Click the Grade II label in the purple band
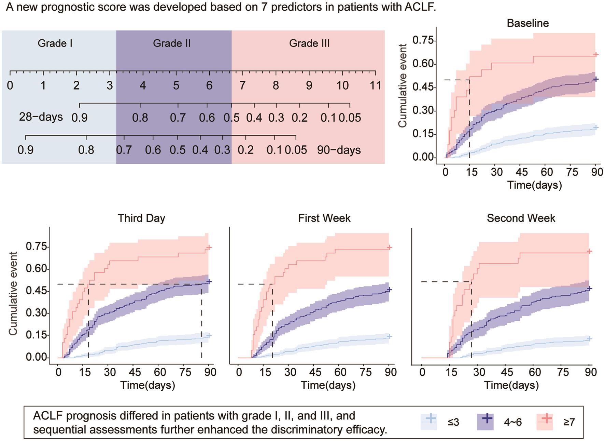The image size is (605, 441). [x=172, y=43]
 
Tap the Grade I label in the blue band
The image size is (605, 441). [x=55, y=43]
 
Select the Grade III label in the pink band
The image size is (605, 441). [x=309, y=43]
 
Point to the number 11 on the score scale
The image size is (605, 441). [x=375, y=85]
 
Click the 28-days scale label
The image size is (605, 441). [x=41, y=117]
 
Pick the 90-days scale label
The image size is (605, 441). [x=339, y=150]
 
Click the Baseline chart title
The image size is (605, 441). [x=527, y=23]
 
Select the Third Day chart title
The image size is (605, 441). [x=141, y=218]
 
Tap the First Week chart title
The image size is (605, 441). [x=324, y=218]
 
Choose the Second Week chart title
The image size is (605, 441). [x=521, y=218]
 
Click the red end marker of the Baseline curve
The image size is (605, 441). [x=596, y=55]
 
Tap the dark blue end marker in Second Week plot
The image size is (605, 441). [x=589, y=289]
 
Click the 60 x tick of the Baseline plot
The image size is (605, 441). [x=547, y=172]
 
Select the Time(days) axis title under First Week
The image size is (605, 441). [x=328, y=385]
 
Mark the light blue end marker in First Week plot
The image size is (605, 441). [x=389, y=336]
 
